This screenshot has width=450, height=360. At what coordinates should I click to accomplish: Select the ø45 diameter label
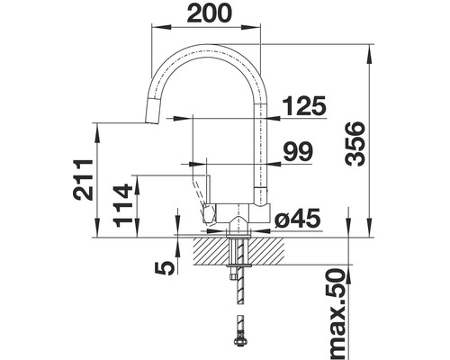tap(293, 218)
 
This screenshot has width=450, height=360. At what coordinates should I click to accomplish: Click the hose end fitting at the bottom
tap(238, 339)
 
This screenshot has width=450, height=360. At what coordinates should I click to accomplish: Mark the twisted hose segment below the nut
tap(238, 292)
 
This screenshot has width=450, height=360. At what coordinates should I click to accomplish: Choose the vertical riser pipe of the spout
tap(265, 153)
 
